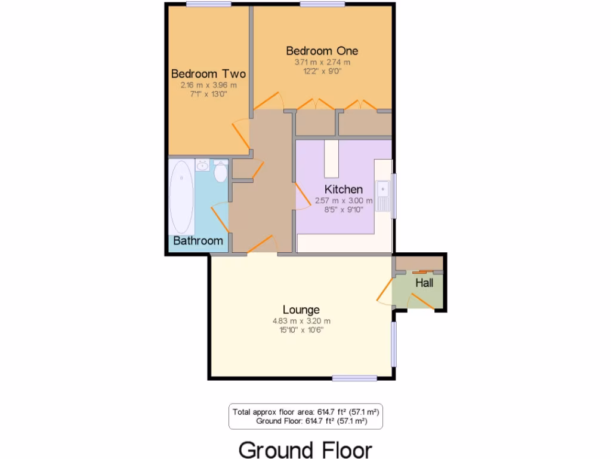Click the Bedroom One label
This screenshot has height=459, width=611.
[322, 50]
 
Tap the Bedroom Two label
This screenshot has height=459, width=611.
[208, 74]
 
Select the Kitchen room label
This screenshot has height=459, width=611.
[343, 189]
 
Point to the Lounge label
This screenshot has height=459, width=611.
[301, 310]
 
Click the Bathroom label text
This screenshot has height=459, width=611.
[198, 241]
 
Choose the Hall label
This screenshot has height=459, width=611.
[424, 283]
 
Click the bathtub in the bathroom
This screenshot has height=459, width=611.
[181, 197]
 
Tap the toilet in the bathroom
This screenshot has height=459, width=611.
[220, 172]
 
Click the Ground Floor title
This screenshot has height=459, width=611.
[305, 449]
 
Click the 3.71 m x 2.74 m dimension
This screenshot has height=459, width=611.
[322, 62]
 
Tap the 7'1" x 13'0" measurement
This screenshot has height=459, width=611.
[208, 94]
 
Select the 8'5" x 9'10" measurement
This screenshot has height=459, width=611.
[343, 210]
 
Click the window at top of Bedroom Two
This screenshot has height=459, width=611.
[208, 4]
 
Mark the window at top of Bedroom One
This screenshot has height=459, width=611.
[322, 4]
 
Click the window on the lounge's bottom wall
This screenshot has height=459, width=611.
[354, 378]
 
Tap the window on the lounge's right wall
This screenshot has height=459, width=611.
[393, 344]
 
